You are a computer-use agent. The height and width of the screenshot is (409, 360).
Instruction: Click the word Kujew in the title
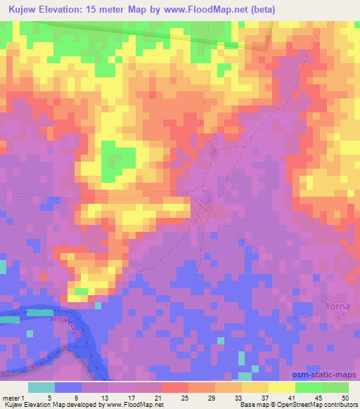pos(24,9)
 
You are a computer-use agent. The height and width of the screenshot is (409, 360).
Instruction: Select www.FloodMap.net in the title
pos(203,9)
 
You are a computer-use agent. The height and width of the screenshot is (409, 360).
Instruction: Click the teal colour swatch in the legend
pos(41,387)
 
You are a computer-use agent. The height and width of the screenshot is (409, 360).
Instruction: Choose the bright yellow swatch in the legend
pos(281,387)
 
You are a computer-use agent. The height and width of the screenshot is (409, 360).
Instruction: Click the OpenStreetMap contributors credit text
pos(314,405)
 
